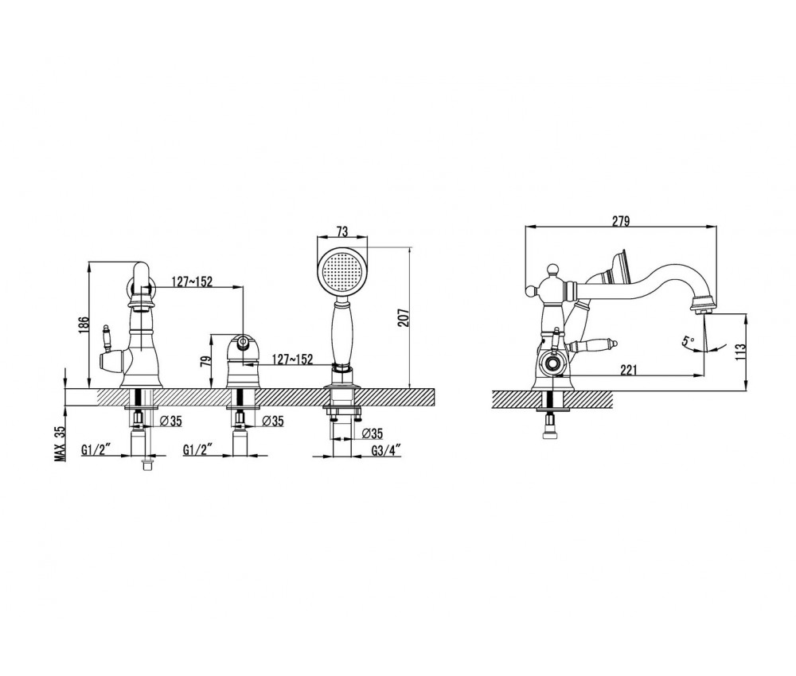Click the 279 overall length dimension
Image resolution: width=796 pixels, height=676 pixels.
coord(620,221)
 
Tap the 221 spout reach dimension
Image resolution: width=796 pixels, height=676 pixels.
coord(629,370)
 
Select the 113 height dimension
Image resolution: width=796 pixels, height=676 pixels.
coord(740,352)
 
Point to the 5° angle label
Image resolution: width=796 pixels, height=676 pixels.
coord(688,341)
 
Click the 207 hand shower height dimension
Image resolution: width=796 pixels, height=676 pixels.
coord(404,317)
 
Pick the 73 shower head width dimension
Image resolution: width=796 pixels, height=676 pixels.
coord(342,231)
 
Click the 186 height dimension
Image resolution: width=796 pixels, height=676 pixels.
coord(84,325)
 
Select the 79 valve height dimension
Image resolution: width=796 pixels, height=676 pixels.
coord(205,362)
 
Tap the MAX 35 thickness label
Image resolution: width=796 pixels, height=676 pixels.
coord(60,443)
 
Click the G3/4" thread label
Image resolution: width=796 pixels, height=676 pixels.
coord(386,449)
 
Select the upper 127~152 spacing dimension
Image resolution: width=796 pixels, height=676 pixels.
coord(192,282)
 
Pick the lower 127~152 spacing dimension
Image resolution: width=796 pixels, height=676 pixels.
coord(292,359)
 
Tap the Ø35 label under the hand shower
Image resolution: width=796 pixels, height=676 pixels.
coord(373,433)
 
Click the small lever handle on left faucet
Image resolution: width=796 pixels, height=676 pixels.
coord(106,336)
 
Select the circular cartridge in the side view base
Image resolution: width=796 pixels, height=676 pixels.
coord(551,363)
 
